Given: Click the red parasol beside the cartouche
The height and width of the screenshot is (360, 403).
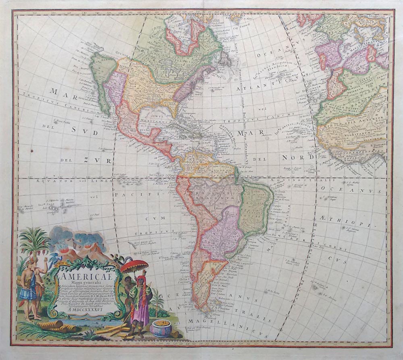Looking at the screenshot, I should point(135,266).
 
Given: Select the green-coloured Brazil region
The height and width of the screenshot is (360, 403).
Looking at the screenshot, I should point(254,209).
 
